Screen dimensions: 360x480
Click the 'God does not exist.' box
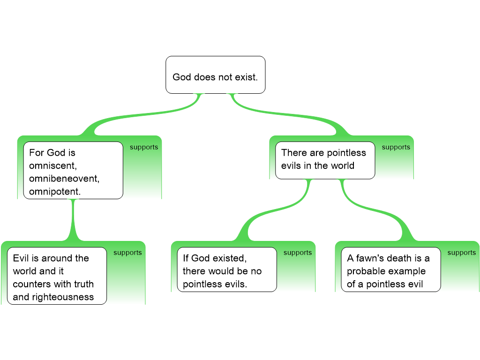coord(215,75)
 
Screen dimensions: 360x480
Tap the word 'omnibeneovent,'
coord(64,179)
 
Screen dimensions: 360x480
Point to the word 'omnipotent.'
coord(54,192)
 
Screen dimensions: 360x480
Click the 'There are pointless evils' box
coord(325,160)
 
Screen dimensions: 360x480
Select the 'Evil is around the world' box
coord(57,276)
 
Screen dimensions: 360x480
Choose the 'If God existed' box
coord(226,270)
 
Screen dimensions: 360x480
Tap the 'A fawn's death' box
coord(390,270)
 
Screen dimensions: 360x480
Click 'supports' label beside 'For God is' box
coord(144,147)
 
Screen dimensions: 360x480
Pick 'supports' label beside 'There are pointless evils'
coord(396,147)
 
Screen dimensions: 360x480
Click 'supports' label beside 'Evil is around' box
coord(127,253)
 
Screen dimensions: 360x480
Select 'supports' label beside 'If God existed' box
coord(298,253)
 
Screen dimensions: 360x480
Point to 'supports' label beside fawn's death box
coord(461,253)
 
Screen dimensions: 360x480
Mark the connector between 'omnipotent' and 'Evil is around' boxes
coord(73,220)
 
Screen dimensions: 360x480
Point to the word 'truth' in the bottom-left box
coord(82,284)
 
